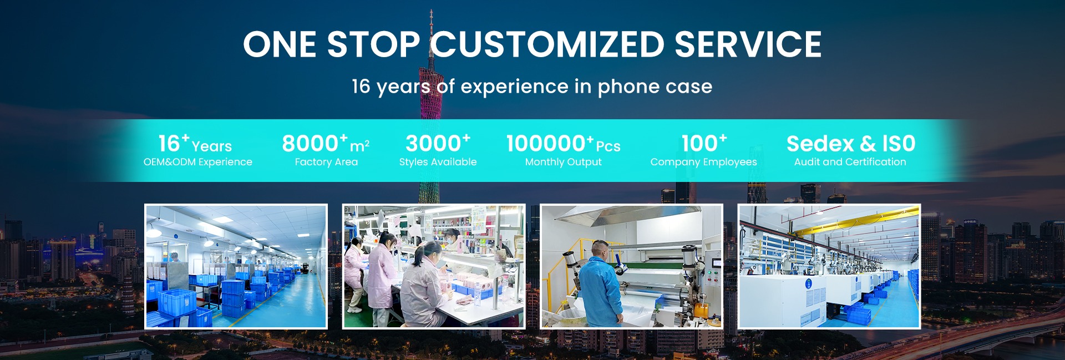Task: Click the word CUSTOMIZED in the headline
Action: [x=548, y=44]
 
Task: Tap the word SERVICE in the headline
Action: [x=748, y=44]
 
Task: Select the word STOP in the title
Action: [x=373, y=44]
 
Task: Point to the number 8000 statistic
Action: [x=310, y=144]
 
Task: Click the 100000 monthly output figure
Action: [x=546, y=144]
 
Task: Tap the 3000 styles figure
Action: [x=433, y=144]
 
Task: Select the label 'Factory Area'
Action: [x=326, y=162]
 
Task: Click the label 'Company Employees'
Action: [x=703, y=162]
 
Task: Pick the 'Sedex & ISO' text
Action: [x=851, y=144]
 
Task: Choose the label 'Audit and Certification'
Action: [x=850, y=162]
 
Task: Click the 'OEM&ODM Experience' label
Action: [x=197, y=162]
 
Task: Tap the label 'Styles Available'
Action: [x=438, y=162]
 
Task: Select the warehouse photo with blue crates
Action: [x=236, y=266]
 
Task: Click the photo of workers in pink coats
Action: [x=434, y=266]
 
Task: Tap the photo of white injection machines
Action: [x=829, y=266]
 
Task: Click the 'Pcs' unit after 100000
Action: [x=608, y=146]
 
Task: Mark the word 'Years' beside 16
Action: [x=211, y=146]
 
